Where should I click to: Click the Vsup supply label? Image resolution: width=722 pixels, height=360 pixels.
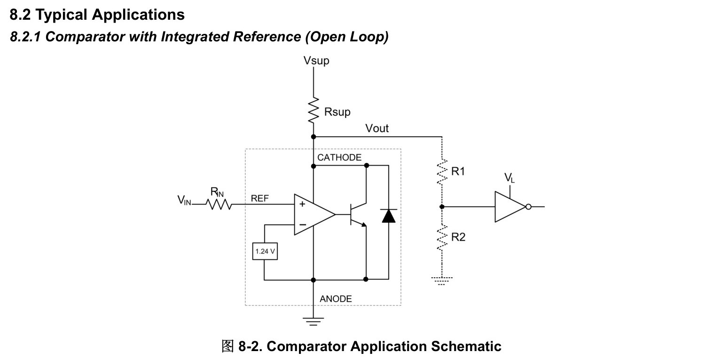[x=316, y=61]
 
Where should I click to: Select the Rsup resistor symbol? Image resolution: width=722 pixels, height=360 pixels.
[x=314, y=110]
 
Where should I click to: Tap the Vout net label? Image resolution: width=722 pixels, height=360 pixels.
[x=377, y=128]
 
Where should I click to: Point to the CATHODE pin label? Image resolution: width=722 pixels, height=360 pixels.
[x=339, y=157]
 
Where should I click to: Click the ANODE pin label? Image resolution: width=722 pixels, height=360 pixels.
[x=336, y=299]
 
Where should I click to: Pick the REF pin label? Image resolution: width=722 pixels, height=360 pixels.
[x=259, y=198]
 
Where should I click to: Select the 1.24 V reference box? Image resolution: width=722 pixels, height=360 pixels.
[x=265, y=251]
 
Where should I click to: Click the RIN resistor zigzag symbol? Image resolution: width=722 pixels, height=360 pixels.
[x=219, y=204]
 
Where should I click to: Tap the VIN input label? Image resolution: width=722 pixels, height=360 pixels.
[x=184, y=200]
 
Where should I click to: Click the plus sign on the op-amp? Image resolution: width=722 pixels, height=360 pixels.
[x=302, y=203]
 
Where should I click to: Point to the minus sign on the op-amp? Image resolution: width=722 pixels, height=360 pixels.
[x=303, y=224]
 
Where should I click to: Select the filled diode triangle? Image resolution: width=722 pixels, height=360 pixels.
[x=388, y=216]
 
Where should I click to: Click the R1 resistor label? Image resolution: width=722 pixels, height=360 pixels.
[x=458, y=171]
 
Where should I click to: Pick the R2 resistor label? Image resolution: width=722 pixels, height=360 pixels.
[x=458, y=237]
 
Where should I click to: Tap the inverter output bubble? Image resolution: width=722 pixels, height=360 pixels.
[x=528, y=207]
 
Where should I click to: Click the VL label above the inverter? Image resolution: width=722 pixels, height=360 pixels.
[x=509, y=178]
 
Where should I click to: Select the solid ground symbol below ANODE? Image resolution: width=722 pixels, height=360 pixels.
[x=313, y=321]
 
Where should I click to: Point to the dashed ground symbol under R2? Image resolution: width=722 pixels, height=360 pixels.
[x=441, y=281]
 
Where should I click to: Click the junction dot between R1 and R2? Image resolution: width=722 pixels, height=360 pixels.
[x=442, y=207]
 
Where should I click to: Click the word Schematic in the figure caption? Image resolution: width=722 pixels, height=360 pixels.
[x=466, y=346]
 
